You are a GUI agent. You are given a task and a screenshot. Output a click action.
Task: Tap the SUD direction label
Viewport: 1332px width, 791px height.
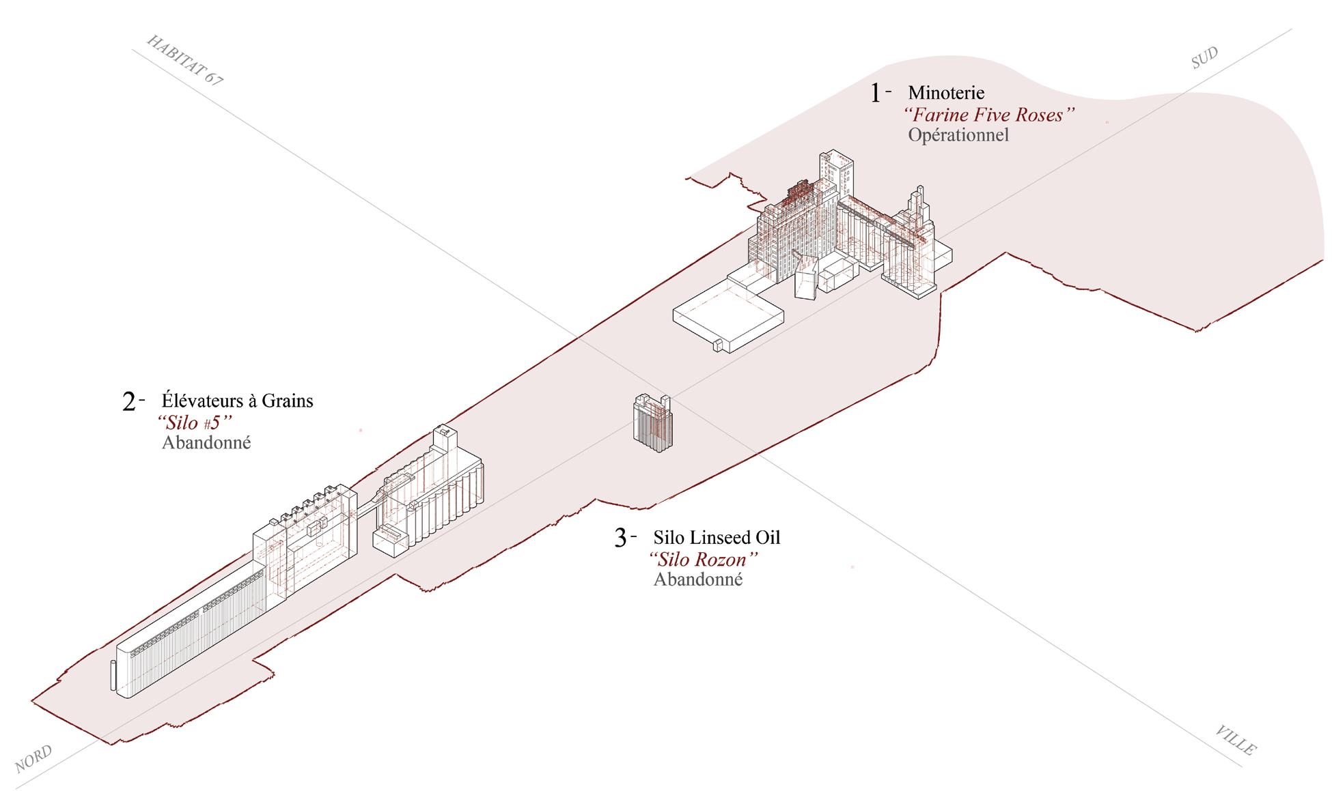1204,58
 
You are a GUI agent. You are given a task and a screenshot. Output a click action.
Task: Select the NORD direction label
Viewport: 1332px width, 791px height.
33,759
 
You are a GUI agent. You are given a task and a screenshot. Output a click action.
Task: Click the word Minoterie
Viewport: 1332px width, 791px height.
946,92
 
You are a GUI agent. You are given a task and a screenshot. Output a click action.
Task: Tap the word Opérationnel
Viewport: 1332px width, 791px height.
958,135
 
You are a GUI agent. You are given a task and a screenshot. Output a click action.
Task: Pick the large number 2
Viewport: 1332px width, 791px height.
130,402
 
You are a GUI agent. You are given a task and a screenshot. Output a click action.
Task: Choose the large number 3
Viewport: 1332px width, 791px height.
620,538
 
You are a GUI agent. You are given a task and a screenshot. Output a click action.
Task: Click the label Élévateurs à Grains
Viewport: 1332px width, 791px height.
237,400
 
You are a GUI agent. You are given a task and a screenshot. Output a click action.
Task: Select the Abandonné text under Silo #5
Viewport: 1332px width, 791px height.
206,443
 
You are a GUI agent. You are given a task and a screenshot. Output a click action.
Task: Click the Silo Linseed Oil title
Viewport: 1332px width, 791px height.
717,537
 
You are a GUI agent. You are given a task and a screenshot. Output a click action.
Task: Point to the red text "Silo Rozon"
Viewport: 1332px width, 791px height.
704,559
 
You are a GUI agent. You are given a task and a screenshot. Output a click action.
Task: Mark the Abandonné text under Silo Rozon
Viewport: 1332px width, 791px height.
698,580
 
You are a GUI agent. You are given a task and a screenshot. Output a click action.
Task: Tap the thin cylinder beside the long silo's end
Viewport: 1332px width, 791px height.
113,676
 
